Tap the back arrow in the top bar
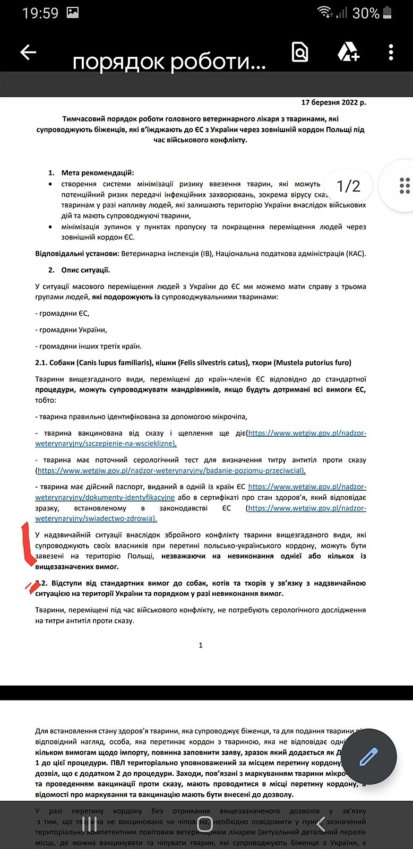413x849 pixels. click(28, 52)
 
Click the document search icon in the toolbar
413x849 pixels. click(300, 52)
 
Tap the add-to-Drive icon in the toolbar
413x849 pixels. click(348, 52)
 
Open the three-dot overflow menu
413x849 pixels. click(391, 52)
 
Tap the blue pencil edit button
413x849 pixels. click(368, 757)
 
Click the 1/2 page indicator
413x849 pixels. click(348, 186)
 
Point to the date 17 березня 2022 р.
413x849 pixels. click(333, 102)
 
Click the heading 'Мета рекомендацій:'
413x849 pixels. click(98, 172)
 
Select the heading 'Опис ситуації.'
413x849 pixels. click(85, 270)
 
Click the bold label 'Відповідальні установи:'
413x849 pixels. click(77, 254)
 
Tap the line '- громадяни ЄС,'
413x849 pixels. click(62, 314)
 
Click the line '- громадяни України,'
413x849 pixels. click(71, 330)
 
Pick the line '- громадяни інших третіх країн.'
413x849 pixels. click(89, 346)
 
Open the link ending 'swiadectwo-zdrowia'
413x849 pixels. click(96, 518)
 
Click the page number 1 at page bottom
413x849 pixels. click(201, 645)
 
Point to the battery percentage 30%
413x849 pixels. click(366, 13)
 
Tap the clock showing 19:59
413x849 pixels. click(40, 13)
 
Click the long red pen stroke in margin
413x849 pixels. click(28, 544)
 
